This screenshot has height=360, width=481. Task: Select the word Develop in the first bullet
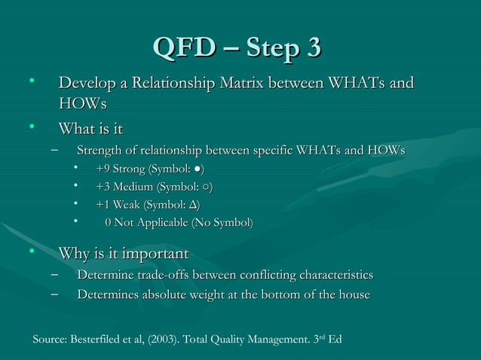coord(90,82)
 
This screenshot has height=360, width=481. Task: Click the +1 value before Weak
coord(106,204)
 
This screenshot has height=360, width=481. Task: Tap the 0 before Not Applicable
coord(109,222)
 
